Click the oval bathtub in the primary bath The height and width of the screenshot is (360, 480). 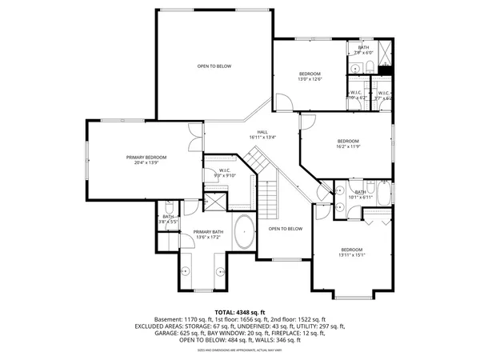pyautogui.click(x=244, y=233)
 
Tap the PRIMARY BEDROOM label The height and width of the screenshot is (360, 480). pyautogui.click(x=146, y=158)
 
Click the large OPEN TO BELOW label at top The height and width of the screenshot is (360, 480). pyautogui.click(x=214, y=66)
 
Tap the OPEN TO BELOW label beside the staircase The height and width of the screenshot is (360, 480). pyautogui.click(x=286, y=229)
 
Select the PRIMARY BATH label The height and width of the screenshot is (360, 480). pyautogui.click(x=210, y=231)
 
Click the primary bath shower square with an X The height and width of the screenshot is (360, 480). pyautogui.click(x=215, y=201)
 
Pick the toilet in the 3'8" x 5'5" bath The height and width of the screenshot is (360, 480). pyautogui.click(x=170, y=225)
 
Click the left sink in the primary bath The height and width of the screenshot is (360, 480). pyautogui.click(x=186, y=270)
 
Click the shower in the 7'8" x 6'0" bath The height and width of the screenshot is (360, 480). pyautogui.click(x=384, y=54)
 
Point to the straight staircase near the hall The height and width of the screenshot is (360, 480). pyautogui.click(x=270, y=198)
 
